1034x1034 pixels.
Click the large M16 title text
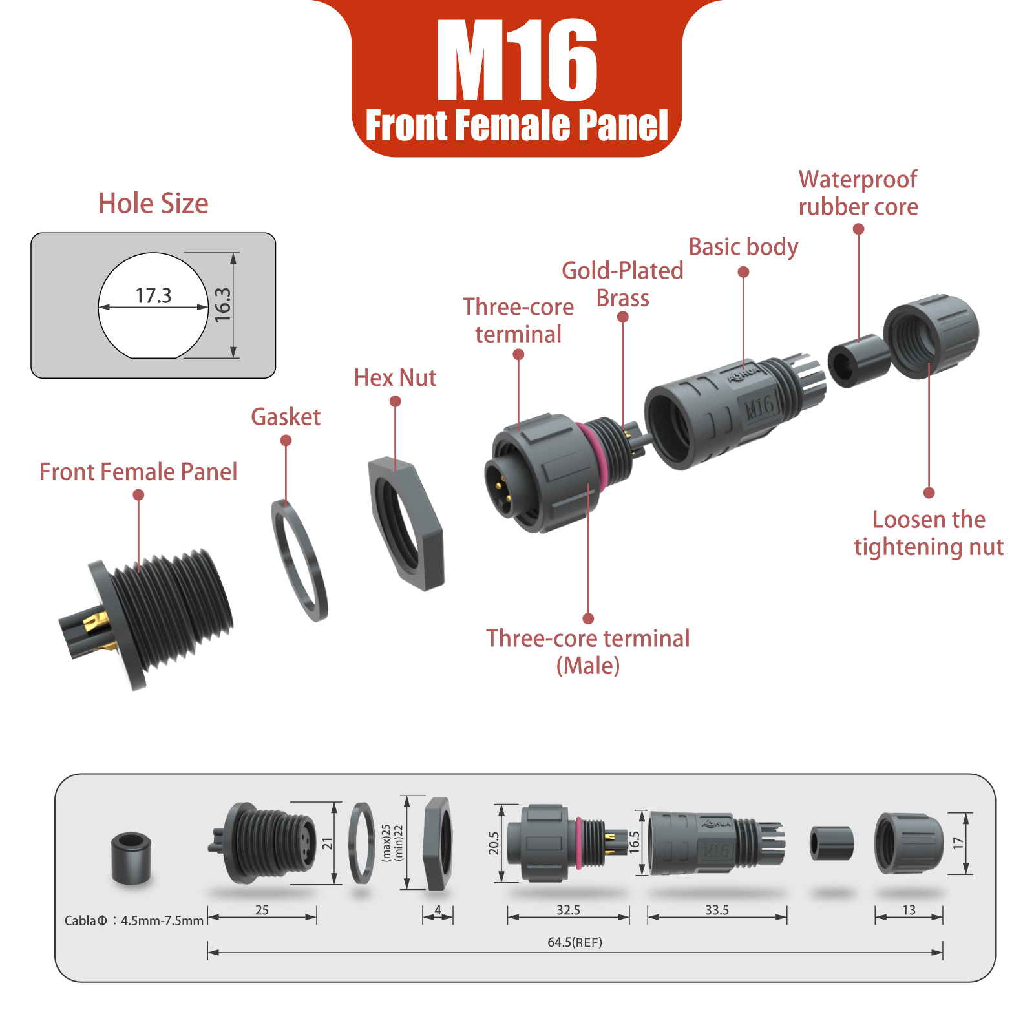click(517, 61)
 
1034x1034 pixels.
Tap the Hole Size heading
click(153, 204)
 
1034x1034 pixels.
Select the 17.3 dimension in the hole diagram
click(153, 295)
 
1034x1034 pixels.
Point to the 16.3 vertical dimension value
click(222, 305)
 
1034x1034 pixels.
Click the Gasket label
click(286, 417)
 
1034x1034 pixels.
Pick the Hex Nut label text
click(395, 378)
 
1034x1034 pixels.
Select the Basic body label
click(743, 247)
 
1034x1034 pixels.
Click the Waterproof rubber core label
click(858, 193)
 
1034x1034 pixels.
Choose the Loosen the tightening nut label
click(929, 533)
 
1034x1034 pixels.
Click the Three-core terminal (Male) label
click(588, 651)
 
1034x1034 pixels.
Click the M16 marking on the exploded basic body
click(759, 406)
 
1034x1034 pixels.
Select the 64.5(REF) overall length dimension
click(575, 942)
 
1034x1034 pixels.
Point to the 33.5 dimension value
click(717, 910)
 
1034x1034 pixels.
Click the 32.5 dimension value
click(568, 910)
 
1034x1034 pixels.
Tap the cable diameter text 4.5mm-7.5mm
click(162, 921)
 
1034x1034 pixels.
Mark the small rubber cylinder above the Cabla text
click(131, 858)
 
